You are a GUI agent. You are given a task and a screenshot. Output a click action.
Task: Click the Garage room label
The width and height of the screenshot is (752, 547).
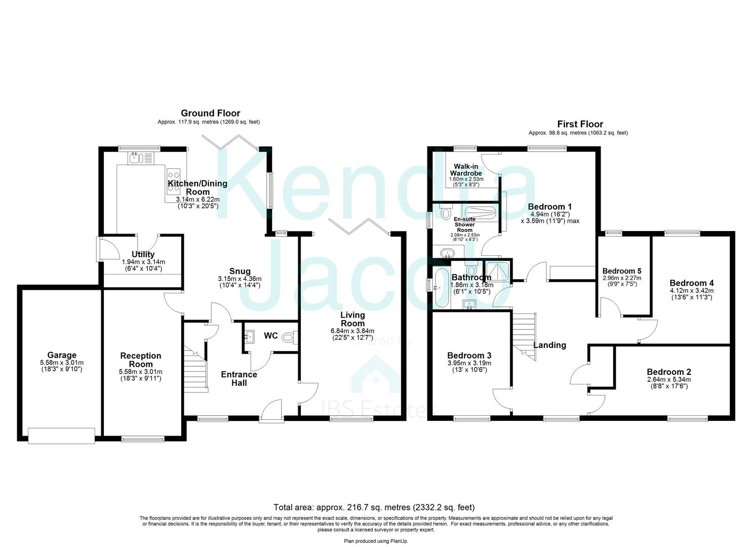(x=62, y=356)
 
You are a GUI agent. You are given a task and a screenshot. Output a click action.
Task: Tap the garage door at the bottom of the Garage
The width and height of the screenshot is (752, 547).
(x=61, y=435)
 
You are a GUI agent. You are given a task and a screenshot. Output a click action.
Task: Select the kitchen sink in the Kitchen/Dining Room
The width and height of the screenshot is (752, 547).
(x=135, y=159)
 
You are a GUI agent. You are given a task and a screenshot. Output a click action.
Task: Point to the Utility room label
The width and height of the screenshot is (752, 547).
(x=143, y=254)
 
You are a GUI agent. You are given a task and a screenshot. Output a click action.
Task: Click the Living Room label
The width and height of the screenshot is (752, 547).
(x=352, y=319)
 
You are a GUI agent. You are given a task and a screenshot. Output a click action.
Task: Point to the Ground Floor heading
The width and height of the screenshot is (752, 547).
(x=210, y=113)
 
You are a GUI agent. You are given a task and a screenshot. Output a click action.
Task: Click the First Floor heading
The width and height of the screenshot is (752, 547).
(x=580, y=124)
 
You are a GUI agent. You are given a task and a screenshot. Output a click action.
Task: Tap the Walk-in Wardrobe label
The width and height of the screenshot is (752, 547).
(x=466, y=170)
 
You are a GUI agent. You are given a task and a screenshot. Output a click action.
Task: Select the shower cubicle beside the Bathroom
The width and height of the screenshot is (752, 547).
(x=497, y=271)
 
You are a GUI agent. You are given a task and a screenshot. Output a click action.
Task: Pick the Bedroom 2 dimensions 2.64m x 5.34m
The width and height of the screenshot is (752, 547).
(x=668, y=379)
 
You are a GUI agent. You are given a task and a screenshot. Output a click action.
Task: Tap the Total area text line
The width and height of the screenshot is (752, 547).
(x=374, y=507)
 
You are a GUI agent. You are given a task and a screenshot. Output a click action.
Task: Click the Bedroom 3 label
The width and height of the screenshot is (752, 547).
(x=469, y=356)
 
